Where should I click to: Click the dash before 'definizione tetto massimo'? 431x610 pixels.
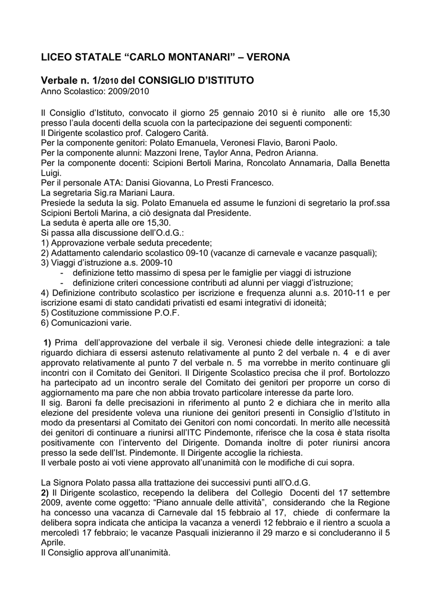(63, 272)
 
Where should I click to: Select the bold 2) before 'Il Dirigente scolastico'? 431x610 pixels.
(45, 493)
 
